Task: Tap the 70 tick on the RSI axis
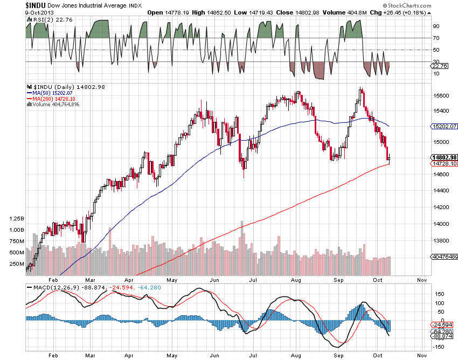(435, 38)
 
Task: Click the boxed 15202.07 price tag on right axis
(445, 126)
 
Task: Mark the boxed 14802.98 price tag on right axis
(445, 157)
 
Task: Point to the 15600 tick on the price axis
(441, 96)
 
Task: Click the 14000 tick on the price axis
(441, 224)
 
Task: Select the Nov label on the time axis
(422, 280)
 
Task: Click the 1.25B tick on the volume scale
(17, 219)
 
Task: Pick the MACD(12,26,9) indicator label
(52, 287)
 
